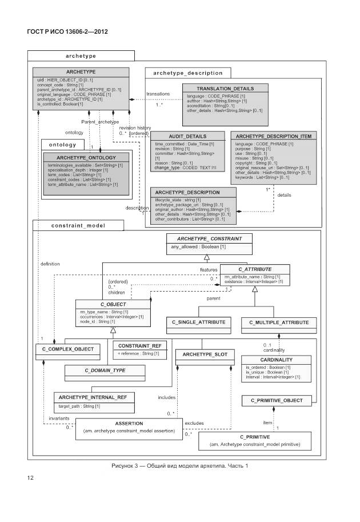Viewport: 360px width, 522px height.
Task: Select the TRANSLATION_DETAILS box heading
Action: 225,89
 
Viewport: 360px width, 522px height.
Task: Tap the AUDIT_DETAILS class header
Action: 173,136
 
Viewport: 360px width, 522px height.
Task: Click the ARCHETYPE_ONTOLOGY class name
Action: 87,157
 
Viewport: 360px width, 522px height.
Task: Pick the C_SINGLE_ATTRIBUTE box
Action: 198,322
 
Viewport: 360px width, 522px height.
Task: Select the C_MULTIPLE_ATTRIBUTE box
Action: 279,322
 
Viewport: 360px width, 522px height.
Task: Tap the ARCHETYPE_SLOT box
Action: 205,355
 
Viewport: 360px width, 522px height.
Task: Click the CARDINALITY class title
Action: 277,360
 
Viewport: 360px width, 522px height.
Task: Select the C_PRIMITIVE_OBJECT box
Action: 277,400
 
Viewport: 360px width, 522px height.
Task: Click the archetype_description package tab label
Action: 188,73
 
